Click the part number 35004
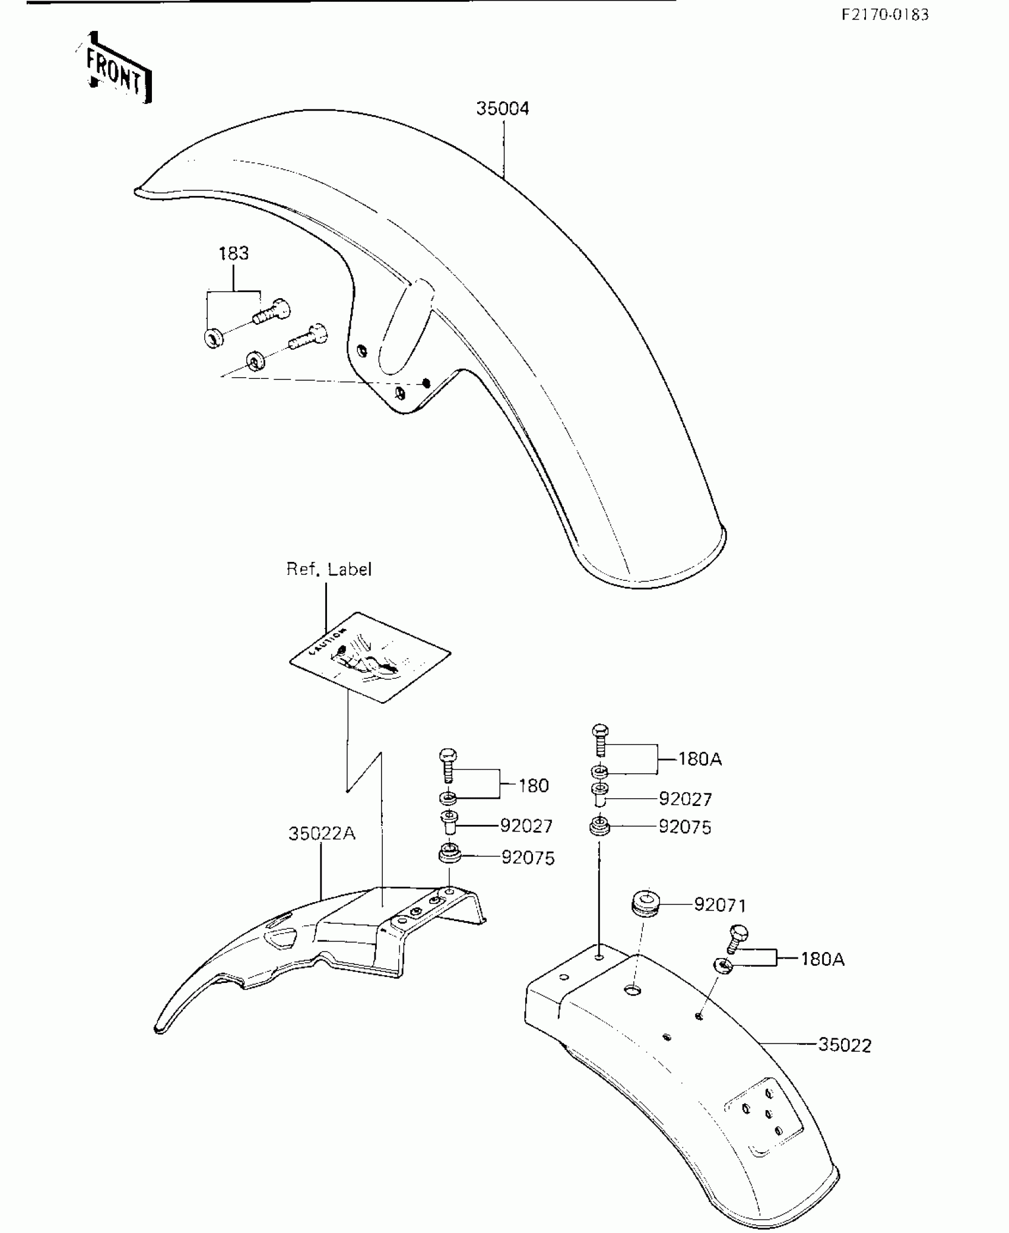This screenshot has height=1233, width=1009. (502, 109)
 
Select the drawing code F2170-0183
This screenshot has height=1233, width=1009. (885, 15)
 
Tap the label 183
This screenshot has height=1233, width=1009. (233, 254)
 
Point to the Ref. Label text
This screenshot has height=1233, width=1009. (329, 569)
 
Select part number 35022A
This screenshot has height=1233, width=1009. (322, 833)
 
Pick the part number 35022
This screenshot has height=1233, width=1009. (845, 1045)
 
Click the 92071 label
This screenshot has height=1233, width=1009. (720, 905)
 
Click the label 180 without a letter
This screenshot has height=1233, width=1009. (533, 786)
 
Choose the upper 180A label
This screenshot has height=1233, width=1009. (700, 759)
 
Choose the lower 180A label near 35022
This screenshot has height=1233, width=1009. (822, 959)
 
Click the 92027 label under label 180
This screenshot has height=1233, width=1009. (526, 826)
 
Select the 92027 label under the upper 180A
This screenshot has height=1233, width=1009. (685, 799)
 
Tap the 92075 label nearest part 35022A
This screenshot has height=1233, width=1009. (528, 858)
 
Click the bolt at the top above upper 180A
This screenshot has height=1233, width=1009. (601, 739)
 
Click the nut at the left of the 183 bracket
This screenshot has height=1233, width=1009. (213, 339)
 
